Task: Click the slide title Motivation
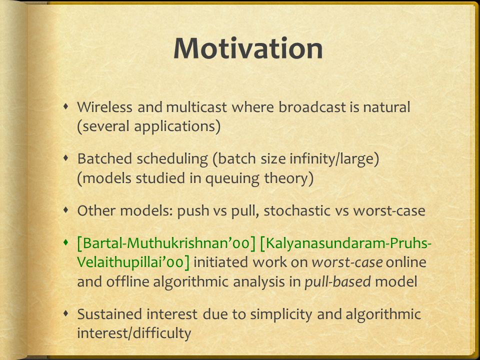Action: [248, 48]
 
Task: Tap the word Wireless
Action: [104, 107]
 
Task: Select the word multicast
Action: [196, 107]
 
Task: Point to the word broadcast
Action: [312, 107]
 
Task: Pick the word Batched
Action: [104, 158]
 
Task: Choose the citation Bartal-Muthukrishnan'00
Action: [166, 243]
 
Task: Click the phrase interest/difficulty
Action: [134, 333]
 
